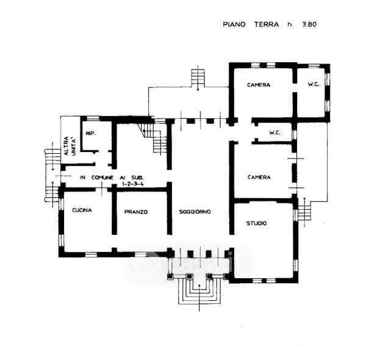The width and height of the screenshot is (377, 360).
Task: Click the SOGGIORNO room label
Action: point(195,212)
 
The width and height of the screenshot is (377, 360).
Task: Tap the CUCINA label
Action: point(82,210)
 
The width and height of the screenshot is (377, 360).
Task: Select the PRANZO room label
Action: point(136,212)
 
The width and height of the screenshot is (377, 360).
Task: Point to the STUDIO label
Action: point(257,223)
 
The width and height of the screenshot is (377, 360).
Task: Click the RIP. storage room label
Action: point(91,133)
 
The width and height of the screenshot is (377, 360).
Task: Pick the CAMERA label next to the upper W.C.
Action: point(259,85)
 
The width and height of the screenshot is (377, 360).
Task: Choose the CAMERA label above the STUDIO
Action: point(259,177)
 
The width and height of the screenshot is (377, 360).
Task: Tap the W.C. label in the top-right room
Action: point(314,84)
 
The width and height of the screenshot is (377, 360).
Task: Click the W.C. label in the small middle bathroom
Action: point(275,132)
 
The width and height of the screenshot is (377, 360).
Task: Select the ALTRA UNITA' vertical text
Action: point(70,146)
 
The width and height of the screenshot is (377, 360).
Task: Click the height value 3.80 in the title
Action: point(309,24)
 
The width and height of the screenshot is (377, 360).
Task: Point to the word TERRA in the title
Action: point(267,24)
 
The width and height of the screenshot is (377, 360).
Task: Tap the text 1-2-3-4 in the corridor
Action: point(133,184)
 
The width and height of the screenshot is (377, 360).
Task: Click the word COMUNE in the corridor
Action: point(102,178)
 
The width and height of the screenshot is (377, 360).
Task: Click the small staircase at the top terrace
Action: point(198,77)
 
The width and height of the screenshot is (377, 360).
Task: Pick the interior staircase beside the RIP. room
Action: point(154,139)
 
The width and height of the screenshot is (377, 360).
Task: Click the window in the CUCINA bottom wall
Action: point(92,254)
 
